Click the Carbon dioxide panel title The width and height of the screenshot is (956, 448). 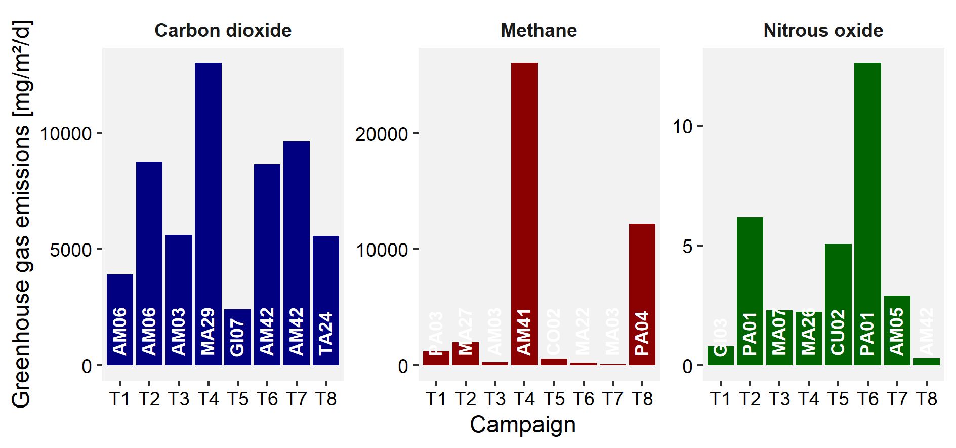pos(223,31)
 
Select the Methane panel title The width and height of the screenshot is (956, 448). pos(538,31)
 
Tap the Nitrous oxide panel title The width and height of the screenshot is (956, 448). pos(823,31)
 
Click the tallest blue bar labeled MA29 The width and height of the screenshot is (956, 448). pos(208,202)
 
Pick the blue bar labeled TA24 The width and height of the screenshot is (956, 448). pos(326,299)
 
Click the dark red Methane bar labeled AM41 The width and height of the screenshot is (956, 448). pos(524,202)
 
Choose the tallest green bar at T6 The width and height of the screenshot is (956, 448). pos(867,202)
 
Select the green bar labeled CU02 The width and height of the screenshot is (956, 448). pos(838,304)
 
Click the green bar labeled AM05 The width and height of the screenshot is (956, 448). pos(897,329)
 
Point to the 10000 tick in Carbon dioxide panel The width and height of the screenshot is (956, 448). pos(66,134)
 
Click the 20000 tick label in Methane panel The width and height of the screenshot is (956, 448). pos(381,134)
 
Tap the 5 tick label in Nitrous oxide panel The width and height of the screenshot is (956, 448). pos(687,247)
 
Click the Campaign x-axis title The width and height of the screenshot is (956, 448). pos(523,425)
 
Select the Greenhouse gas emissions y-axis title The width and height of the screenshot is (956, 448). pos(21,214)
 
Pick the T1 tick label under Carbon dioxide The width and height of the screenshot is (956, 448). pos(120,399)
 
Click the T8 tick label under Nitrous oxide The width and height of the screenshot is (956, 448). pos(927,399)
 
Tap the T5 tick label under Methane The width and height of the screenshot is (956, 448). pos(554,399)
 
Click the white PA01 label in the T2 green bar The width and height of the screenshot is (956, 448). pos(750,333)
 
